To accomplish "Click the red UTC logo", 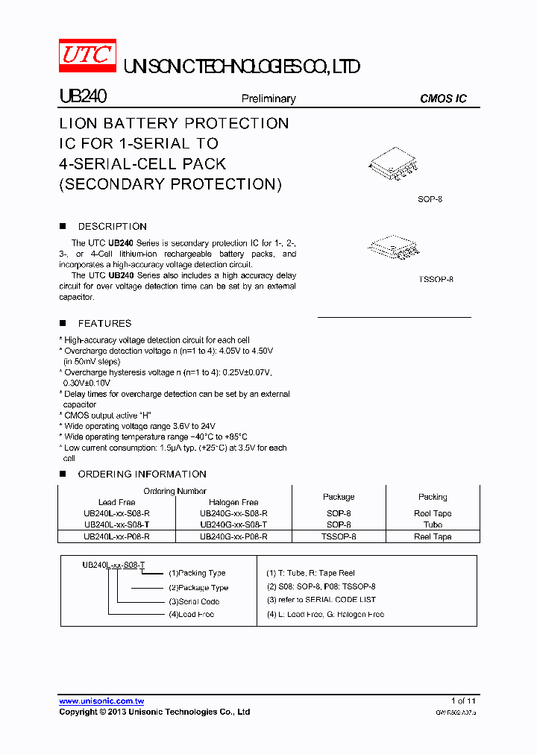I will click(87, 56).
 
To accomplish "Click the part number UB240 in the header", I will click(83, 97).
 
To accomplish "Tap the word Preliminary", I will click(268, 98).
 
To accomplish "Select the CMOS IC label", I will click(443, 98).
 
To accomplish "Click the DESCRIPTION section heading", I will click(112, 226).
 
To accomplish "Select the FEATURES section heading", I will click(104, 323).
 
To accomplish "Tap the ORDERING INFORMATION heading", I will click(142, 474).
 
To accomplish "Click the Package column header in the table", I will click(339, 497).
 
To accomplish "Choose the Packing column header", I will click(433, 497).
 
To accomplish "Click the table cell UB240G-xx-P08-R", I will click(233, 536).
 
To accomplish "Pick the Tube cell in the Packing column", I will click(433, 524).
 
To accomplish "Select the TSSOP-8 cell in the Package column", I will click(339, 536).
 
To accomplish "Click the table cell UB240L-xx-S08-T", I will click(116, 524).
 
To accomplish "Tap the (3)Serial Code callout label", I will click(193, 601).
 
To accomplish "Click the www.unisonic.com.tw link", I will click(101, 701).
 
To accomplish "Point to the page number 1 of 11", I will click(462, 701).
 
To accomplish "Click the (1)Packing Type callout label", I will click(197, 573).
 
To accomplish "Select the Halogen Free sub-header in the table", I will click(233, 502).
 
